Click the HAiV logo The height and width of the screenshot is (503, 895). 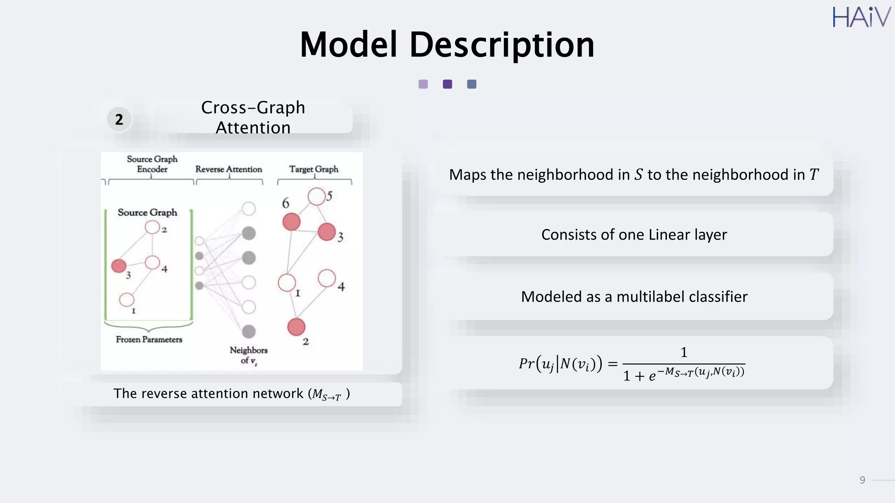861,17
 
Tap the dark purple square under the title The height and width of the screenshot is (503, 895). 447,84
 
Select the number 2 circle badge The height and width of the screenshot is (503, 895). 119,119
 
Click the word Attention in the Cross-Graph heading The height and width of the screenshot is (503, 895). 253,127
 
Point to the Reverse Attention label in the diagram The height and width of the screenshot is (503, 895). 229,169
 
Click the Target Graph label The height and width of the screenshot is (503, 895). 313,169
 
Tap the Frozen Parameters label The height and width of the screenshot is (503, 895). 149,339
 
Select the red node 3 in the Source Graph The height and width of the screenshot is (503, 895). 119,265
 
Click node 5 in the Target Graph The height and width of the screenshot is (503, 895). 316,196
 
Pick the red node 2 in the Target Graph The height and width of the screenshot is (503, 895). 296,327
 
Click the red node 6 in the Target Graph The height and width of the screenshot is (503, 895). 291,221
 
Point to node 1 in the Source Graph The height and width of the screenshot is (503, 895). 127,300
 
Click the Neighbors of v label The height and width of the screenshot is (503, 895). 248,355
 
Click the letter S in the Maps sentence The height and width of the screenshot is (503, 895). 638,175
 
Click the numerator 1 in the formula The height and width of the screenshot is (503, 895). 684,352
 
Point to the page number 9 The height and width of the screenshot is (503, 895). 862,480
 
